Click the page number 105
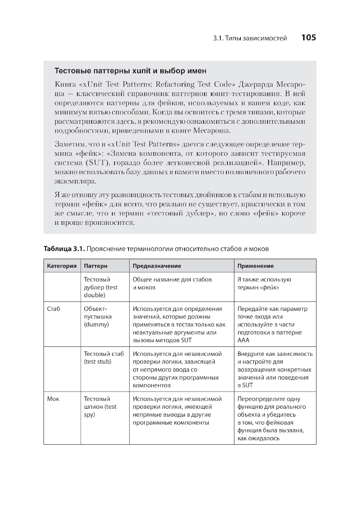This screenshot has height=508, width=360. pos(308,38)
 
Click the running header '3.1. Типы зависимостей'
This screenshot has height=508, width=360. pos(250,38)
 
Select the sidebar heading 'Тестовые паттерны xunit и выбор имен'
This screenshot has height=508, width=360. pos(130,71)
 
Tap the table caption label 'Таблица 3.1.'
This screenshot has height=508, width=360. pos(64,249)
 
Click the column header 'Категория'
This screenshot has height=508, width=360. pos(62,266)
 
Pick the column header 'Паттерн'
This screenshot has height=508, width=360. pos(96,266)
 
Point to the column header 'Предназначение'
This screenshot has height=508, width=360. pos(157,266)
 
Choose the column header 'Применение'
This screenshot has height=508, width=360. pos(255,266)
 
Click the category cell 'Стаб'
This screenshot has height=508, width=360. pos(54,309)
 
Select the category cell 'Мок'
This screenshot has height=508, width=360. pos(53,399)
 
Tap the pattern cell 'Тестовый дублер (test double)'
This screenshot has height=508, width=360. pos(100,287)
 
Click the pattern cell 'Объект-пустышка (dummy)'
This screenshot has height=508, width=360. pos(98,317)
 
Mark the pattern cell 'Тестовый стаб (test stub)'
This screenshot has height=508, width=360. pos(104,358)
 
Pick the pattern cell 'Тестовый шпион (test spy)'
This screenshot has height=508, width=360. pos(100,407)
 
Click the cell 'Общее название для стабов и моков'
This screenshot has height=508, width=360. pos(172,283)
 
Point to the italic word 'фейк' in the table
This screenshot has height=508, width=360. pos(270,287)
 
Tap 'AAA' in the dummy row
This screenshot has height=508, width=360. pos(243,340)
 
